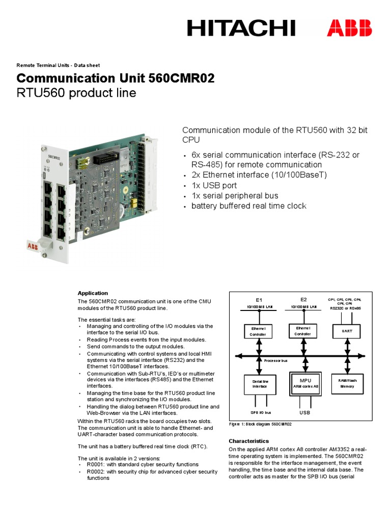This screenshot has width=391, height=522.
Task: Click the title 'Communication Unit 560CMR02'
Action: [116, 79]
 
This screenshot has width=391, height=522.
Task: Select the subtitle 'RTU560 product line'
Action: [76, 93]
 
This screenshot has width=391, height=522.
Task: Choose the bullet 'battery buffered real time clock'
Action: [248, 206]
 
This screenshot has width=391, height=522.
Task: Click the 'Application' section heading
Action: [93, 293]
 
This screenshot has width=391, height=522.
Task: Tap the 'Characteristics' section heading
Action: [248, 440]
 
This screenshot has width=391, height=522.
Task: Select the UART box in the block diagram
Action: [346, 331]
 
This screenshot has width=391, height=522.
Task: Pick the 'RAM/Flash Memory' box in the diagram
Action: [347, 383]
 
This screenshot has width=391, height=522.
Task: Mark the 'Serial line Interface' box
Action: [260, 383]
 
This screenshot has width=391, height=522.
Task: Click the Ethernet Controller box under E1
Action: [259, 331]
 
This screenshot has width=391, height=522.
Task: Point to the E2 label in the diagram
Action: [303, 299]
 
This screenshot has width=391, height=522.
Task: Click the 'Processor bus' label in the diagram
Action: [276, 360]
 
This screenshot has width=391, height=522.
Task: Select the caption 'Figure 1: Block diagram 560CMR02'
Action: [264, 424]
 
